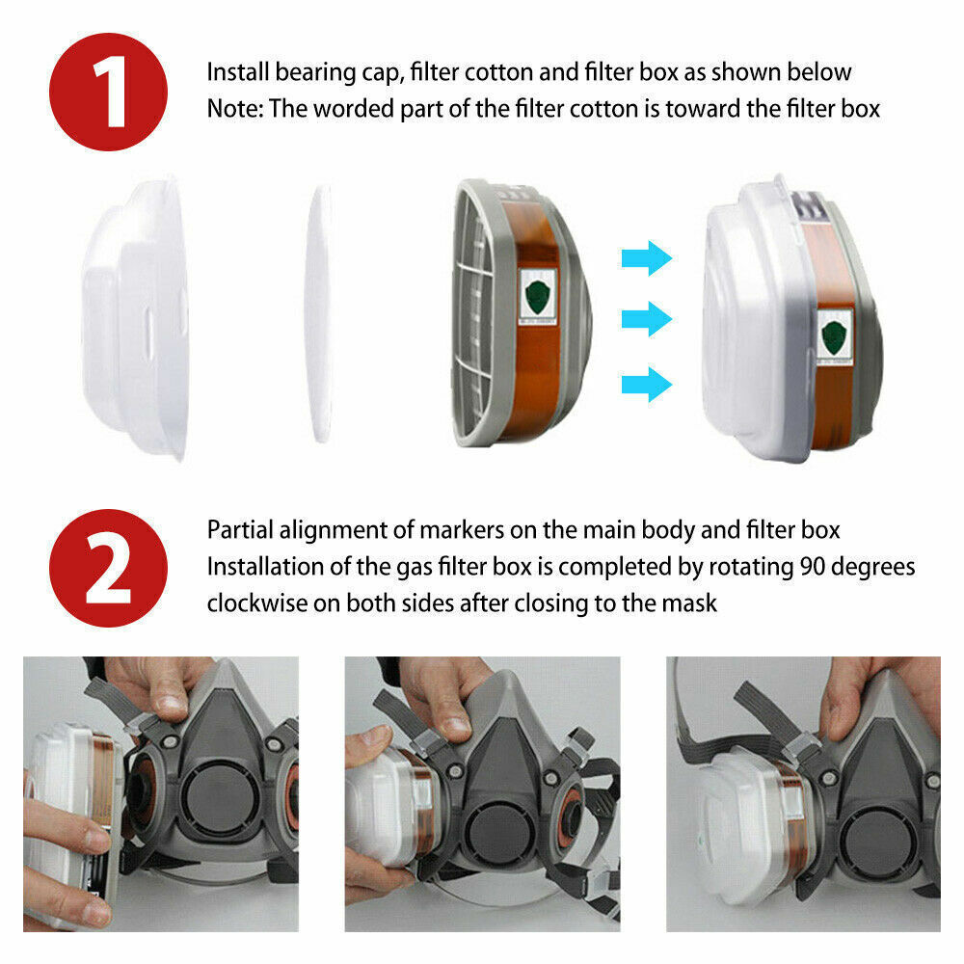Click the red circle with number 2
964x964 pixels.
108,568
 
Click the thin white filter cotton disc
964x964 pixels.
320,314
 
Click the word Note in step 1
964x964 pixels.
234,109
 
